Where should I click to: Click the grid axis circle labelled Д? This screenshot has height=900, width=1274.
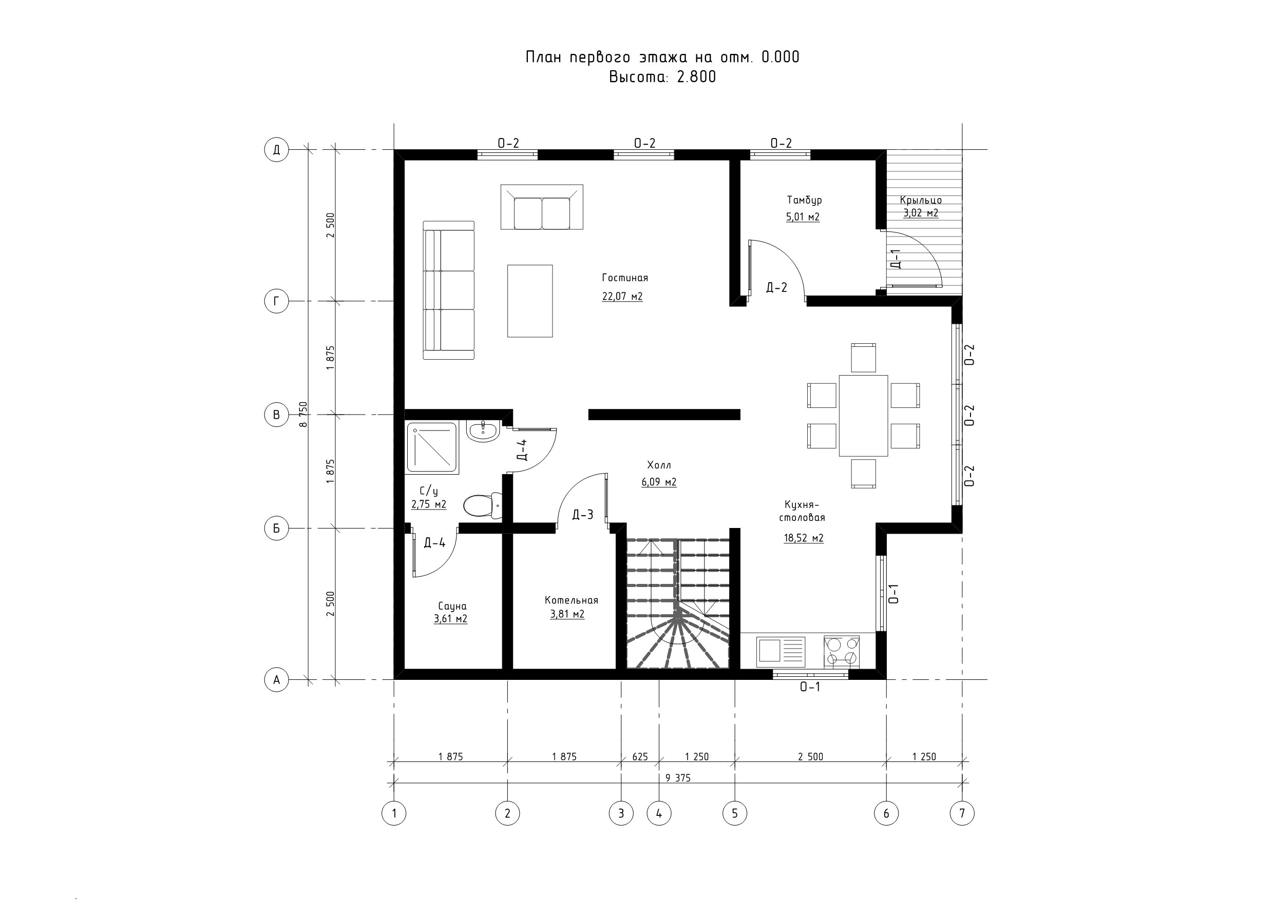(276, 150)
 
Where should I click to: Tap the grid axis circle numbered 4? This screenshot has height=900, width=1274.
(659, 813)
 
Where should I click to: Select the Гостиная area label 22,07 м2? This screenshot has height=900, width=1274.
(622, 296)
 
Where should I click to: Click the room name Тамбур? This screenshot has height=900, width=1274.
(804, 200)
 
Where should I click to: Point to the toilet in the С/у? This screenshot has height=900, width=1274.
(481, 505)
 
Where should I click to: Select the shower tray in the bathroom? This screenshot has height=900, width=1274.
(433, 448)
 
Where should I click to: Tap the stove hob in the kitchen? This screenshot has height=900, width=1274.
(841, 651)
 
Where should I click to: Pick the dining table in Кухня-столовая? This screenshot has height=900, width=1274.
(863, 415)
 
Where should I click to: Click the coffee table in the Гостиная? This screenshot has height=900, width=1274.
(530, 301)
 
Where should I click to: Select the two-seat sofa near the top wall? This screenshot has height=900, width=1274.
(542, 207)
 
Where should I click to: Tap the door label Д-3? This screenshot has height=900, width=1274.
(583, 515)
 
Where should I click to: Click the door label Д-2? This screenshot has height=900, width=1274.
(776, 287)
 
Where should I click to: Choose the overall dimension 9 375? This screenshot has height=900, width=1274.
(677, 778)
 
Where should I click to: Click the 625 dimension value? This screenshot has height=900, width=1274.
(640, 756)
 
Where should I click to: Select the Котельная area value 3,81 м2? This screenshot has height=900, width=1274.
(567, 614)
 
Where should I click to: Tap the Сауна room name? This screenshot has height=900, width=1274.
(452, 606)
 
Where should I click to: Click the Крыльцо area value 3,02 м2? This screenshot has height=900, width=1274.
(921, 212)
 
